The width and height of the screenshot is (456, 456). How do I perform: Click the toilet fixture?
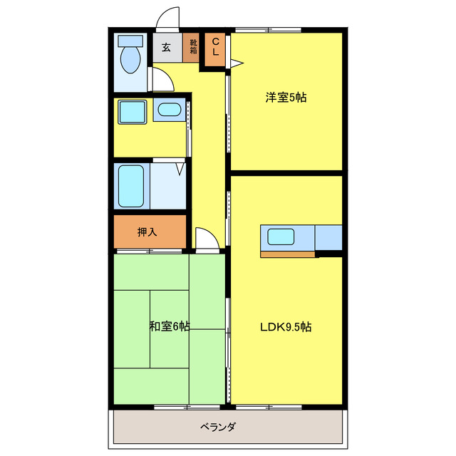130,60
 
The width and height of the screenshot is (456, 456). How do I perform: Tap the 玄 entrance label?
166,48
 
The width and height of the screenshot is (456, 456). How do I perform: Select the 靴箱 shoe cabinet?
193,48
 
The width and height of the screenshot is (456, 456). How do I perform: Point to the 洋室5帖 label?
286,98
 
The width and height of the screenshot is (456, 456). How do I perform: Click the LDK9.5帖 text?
285,327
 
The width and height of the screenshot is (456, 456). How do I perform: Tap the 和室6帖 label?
169,326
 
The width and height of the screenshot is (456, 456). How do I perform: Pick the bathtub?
131,186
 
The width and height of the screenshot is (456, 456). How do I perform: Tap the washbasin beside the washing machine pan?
170,110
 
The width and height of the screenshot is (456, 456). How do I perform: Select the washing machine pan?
132,112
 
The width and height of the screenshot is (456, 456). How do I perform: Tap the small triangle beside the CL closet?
236,64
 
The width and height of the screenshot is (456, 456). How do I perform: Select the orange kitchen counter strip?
287,254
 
